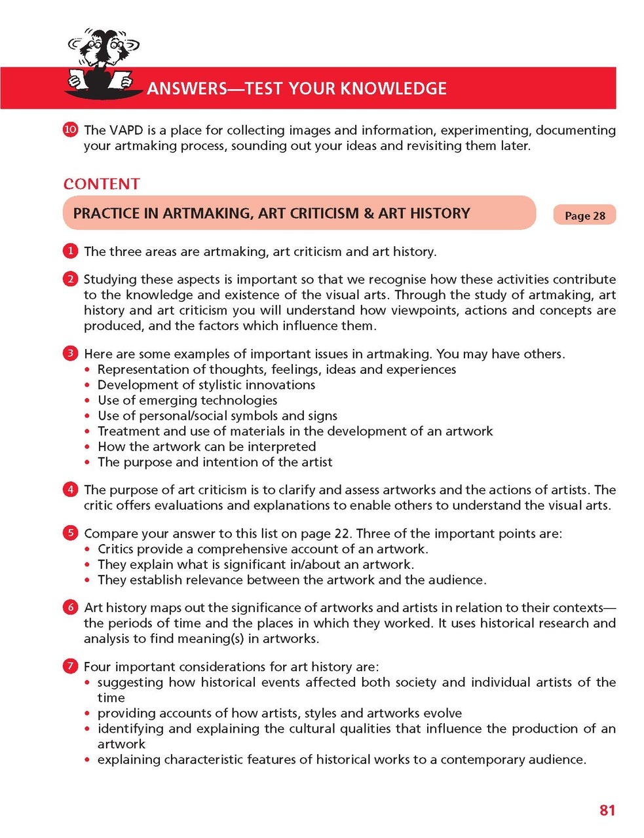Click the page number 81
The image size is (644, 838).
607,810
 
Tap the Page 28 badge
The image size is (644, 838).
584,215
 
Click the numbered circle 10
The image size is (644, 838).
71,130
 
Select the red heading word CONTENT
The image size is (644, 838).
102,184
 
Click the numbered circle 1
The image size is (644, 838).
71,251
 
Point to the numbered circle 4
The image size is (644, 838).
71,489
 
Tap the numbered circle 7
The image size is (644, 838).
71,666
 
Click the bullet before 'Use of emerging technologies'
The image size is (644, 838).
88,401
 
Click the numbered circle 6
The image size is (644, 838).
71,607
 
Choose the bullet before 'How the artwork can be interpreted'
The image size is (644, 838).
88,447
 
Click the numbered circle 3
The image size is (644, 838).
71,354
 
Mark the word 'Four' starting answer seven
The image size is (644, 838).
97,667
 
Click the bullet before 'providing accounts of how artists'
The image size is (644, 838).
88,714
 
